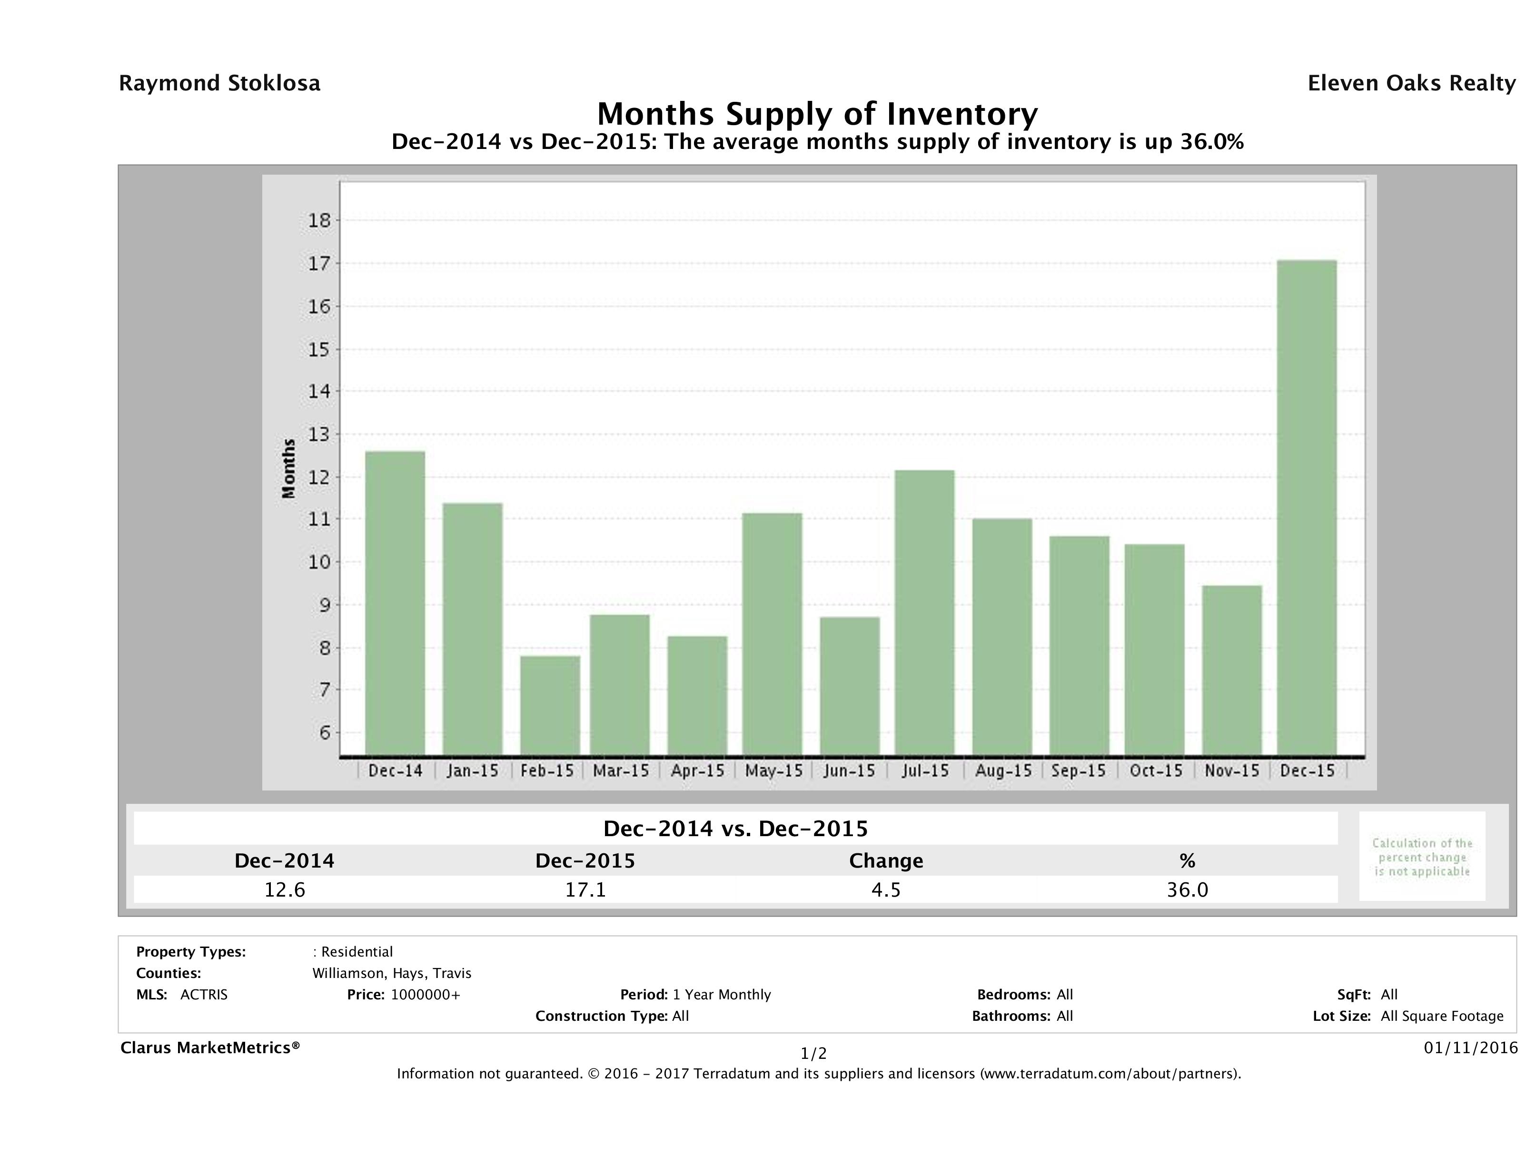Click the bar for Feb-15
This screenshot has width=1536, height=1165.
coord(550,705)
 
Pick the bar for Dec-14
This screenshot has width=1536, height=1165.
coord(395,603)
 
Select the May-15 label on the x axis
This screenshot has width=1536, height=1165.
coord(773,770)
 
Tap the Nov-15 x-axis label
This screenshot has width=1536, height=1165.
coord(1232,770)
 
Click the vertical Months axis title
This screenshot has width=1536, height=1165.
coord(289,469)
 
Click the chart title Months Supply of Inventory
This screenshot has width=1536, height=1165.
coord(817,114)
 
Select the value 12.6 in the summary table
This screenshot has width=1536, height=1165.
coord(285,890)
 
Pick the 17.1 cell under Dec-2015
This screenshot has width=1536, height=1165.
coord(585,890)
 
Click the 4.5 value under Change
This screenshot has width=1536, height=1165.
coord(886,890)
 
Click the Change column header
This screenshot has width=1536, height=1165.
coord(886,861)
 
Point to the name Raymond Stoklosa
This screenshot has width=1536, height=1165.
coord(219,83)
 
